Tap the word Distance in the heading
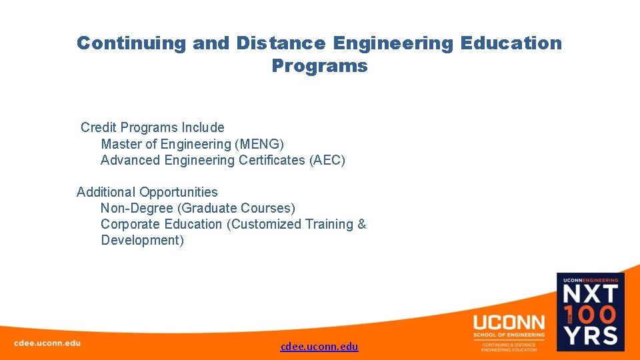tap(280, 43)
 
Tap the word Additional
tap(107, 192)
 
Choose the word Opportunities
tap(179, 192)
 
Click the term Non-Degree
tap(137, 209)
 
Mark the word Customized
tap(264, 224)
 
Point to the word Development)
tap(142, 240)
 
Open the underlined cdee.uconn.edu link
tap(319, 346)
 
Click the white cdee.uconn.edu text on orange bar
tap(47, 343)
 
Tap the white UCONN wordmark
tap(509, 322)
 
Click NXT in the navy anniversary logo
tap(591, 295)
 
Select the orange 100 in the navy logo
tap(595, 314)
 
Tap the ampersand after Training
tap(361, 224)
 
